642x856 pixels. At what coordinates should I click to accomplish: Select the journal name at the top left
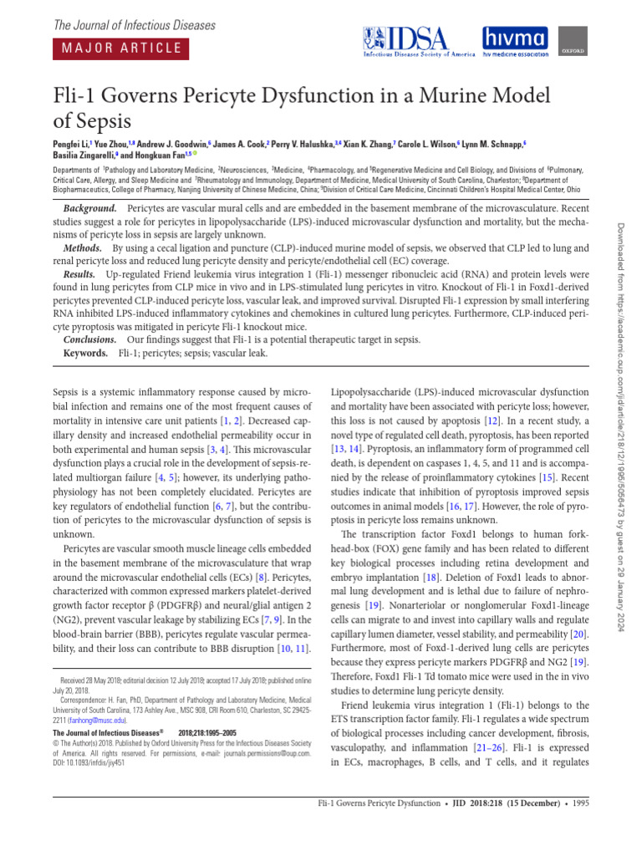[135, 25]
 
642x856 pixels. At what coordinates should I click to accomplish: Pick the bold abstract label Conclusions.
[90, 340]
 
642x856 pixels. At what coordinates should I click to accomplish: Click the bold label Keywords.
[86, 354]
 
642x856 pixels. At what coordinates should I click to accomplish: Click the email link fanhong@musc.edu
[95, 719]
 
